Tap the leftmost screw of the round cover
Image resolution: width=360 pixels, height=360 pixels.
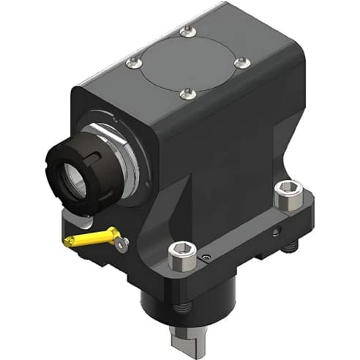pyautogui.click(x=133, y=63)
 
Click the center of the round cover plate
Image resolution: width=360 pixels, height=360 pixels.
pyautogui.click(x=187, y=62)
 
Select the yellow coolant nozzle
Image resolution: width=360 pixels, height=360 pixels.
pyautogui.click(x=92, y=238)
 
